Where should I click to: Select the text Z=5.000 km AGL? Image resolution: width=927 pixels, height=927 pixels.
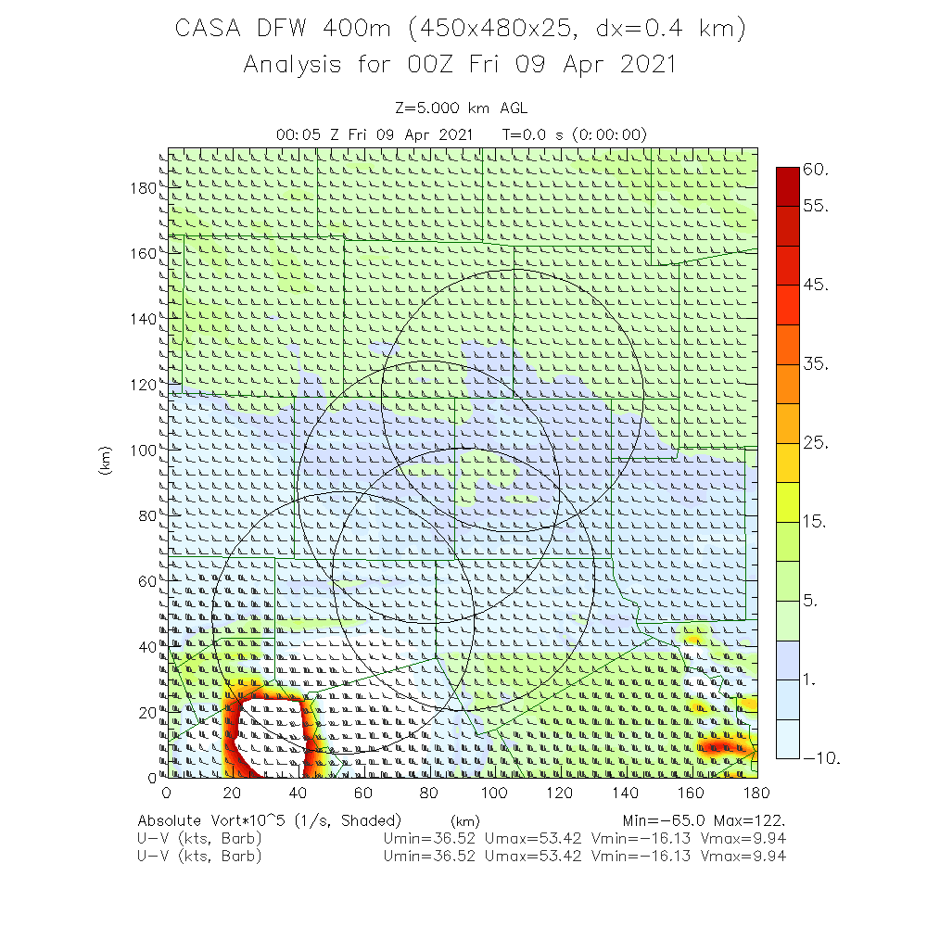[x=461, y=108]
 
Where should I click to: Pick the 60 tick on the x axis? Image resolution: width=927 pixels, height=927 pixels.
[x=363, y=794]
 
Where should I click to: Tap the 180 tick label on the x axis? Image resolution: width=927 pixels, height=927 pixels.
[x=757, y=794]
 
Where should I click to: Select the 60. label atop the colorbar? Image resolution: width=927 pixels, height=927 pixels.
[x=816, y=170]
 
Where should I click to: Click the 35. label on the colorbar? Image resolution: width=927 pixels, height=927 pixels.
[x=816, y=364]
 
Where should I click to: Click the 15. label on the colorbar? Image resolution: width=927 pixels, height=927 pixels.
[x=816, y=522]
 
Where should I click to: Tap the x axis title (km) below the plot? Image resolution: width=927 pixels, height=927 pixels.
[x=463, y=821]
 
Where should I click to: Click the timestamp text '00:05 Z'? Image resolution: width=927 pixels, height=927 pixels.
[x=308, y=134]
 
